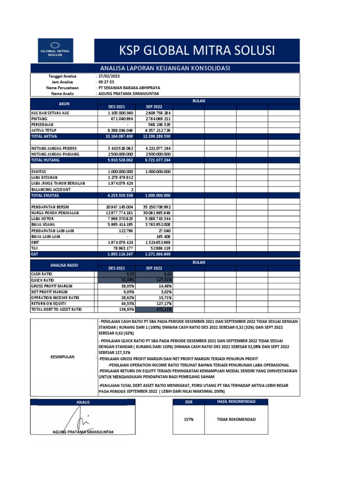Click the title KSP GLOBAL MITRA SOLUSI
point(197,50)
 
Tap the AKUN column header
point(63,104)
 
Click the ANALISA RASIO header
point(63,266)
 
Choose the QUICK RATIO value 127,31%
point(157,279)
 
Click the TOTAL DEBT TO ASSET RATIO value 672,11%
point(157,309)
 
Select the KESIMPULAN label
point(63,357)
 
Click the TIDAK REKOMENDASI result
point(236,420)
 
